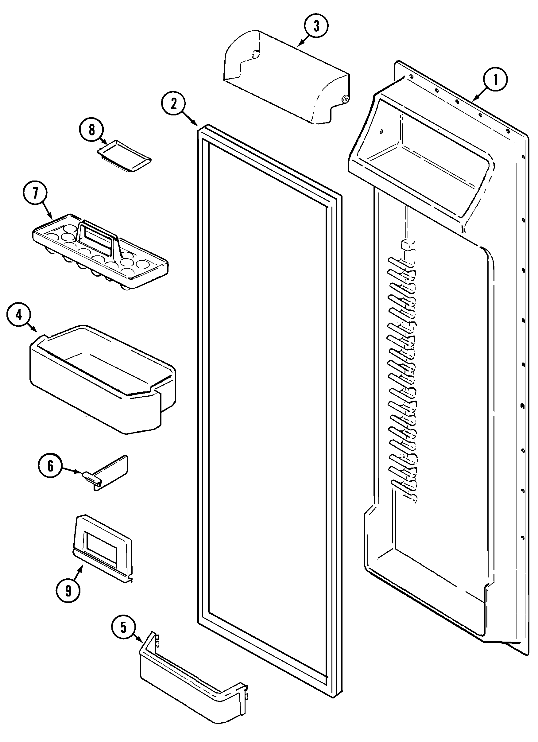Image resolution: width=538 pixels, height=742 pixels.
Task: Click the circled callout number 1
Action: [495, 80]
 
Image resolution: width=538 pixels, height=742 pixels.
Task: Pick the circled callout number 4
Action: [19, 315]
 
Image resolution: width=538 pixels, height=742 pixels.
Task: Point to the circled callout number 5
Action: [123, 628]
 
